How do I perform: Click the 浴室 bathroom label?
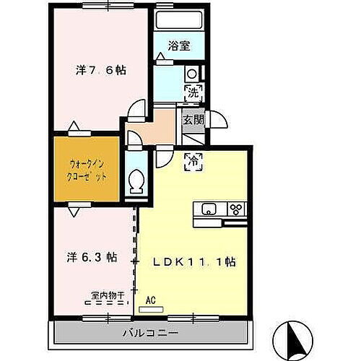179,45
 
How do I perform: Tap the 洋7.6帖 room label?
101,70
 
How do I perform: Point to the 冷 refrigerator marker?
193,162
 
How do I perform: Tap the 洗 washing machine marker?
192,92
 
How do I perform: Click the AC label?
151,299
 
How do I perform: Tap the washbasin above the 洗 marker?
191,73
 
